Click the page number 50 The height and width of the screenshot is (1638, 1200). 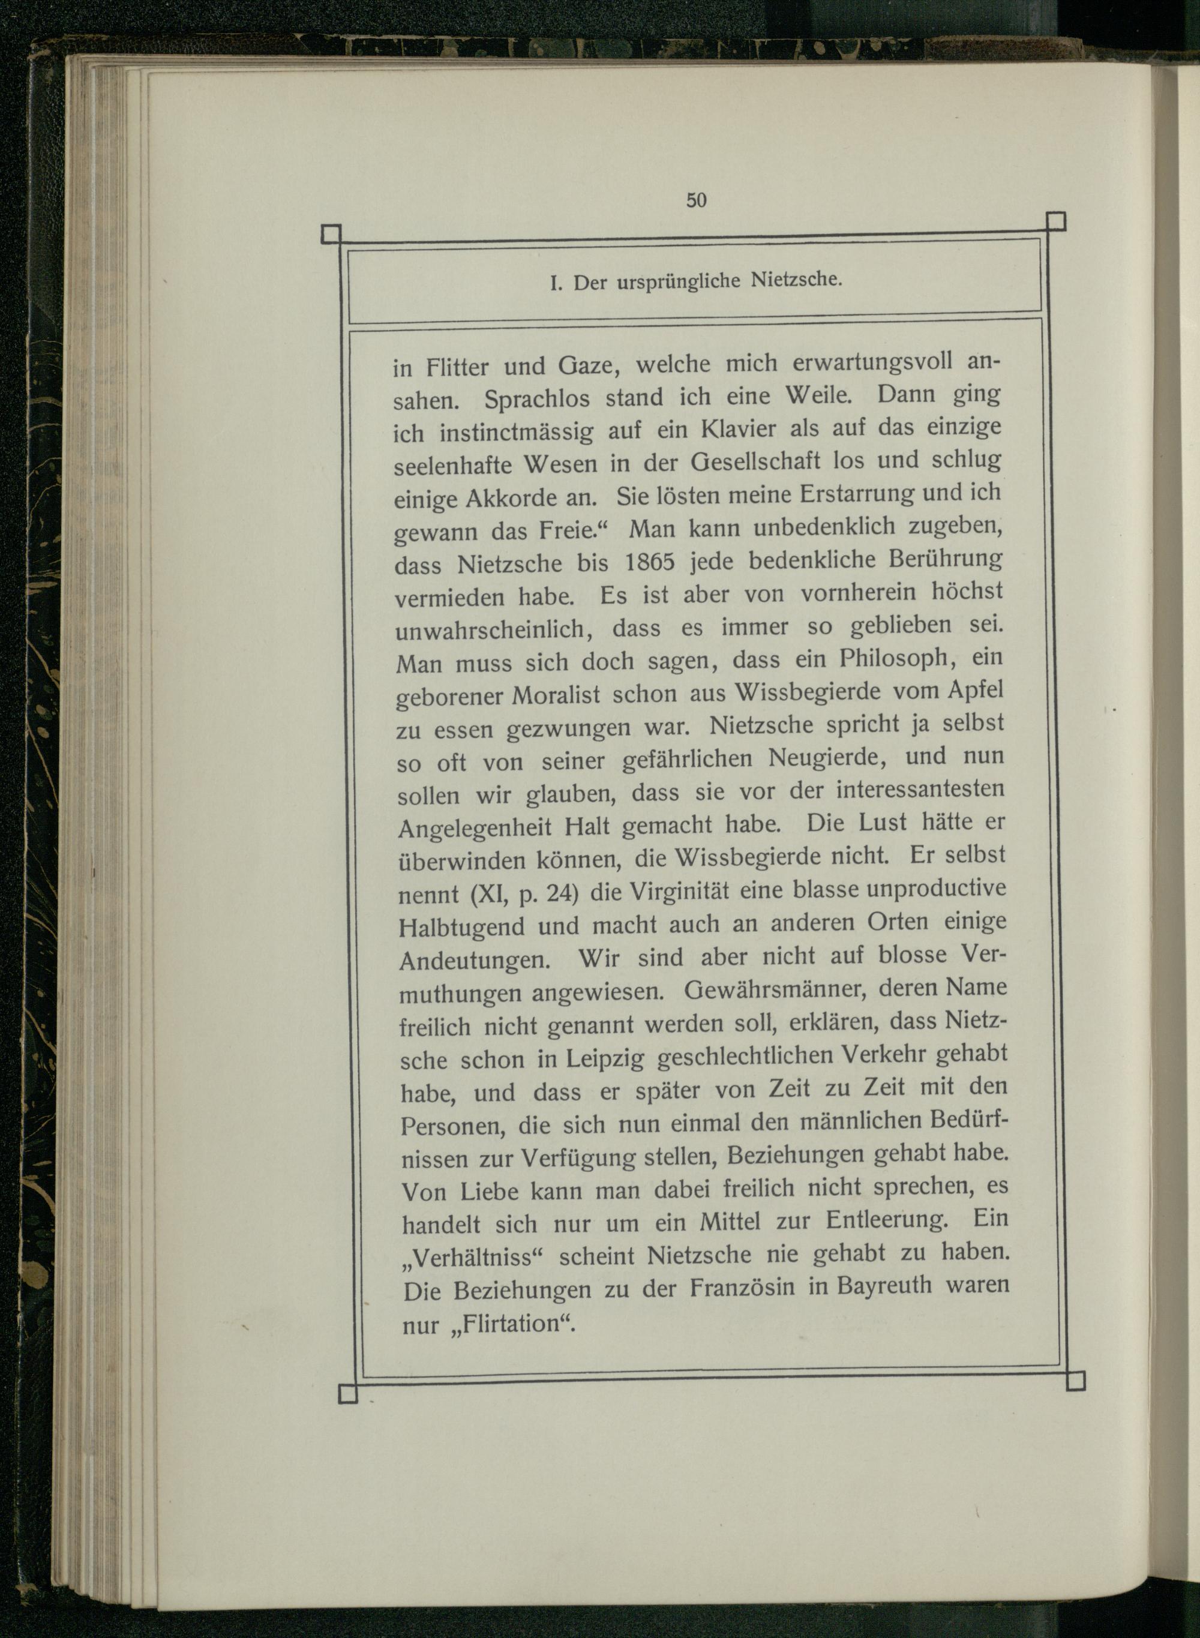(696, 200)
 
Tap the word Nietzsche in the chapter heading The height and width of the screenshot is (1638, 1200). (796, 279)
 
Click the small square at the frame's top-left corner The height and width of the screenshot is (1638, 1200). (331, 234)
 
